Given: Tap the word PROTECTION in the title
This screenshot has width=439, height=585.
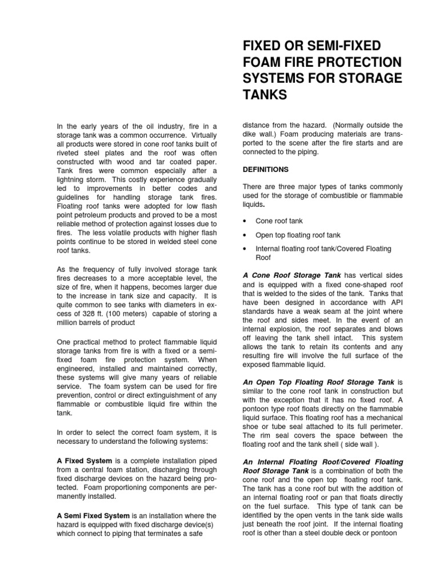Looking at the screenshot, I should coord(351,61).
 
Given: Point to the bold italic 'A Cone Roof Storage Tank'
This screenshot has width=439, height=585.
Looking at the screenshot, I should coord(292,275).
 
